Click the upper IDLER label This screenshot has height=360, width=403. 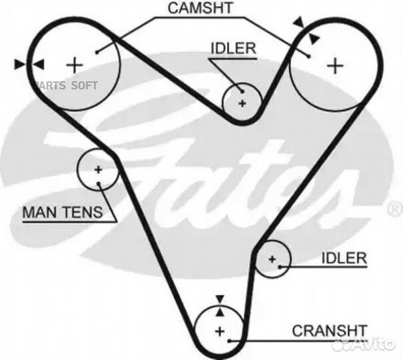[233, 49]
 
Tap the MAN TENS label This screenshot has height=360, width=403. [63, 213]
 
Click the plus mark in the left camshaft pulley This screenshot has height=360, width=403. [75, 65]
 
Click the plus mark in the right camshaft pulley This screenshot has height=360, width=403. [336, 65]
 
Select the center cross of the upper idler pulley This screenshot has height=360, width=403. [242, 103]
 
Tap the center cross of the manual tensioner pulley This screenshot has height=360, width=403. [98, 169]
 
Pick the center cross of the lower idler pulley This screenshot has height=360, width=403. [272, 259]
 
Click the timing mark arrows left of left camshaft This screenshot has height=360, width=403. [29, 64]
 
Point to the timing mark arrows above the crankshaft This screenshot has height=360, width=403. [219, 303]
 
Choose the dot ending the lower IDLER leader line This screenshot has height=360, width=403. [282, 267]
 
